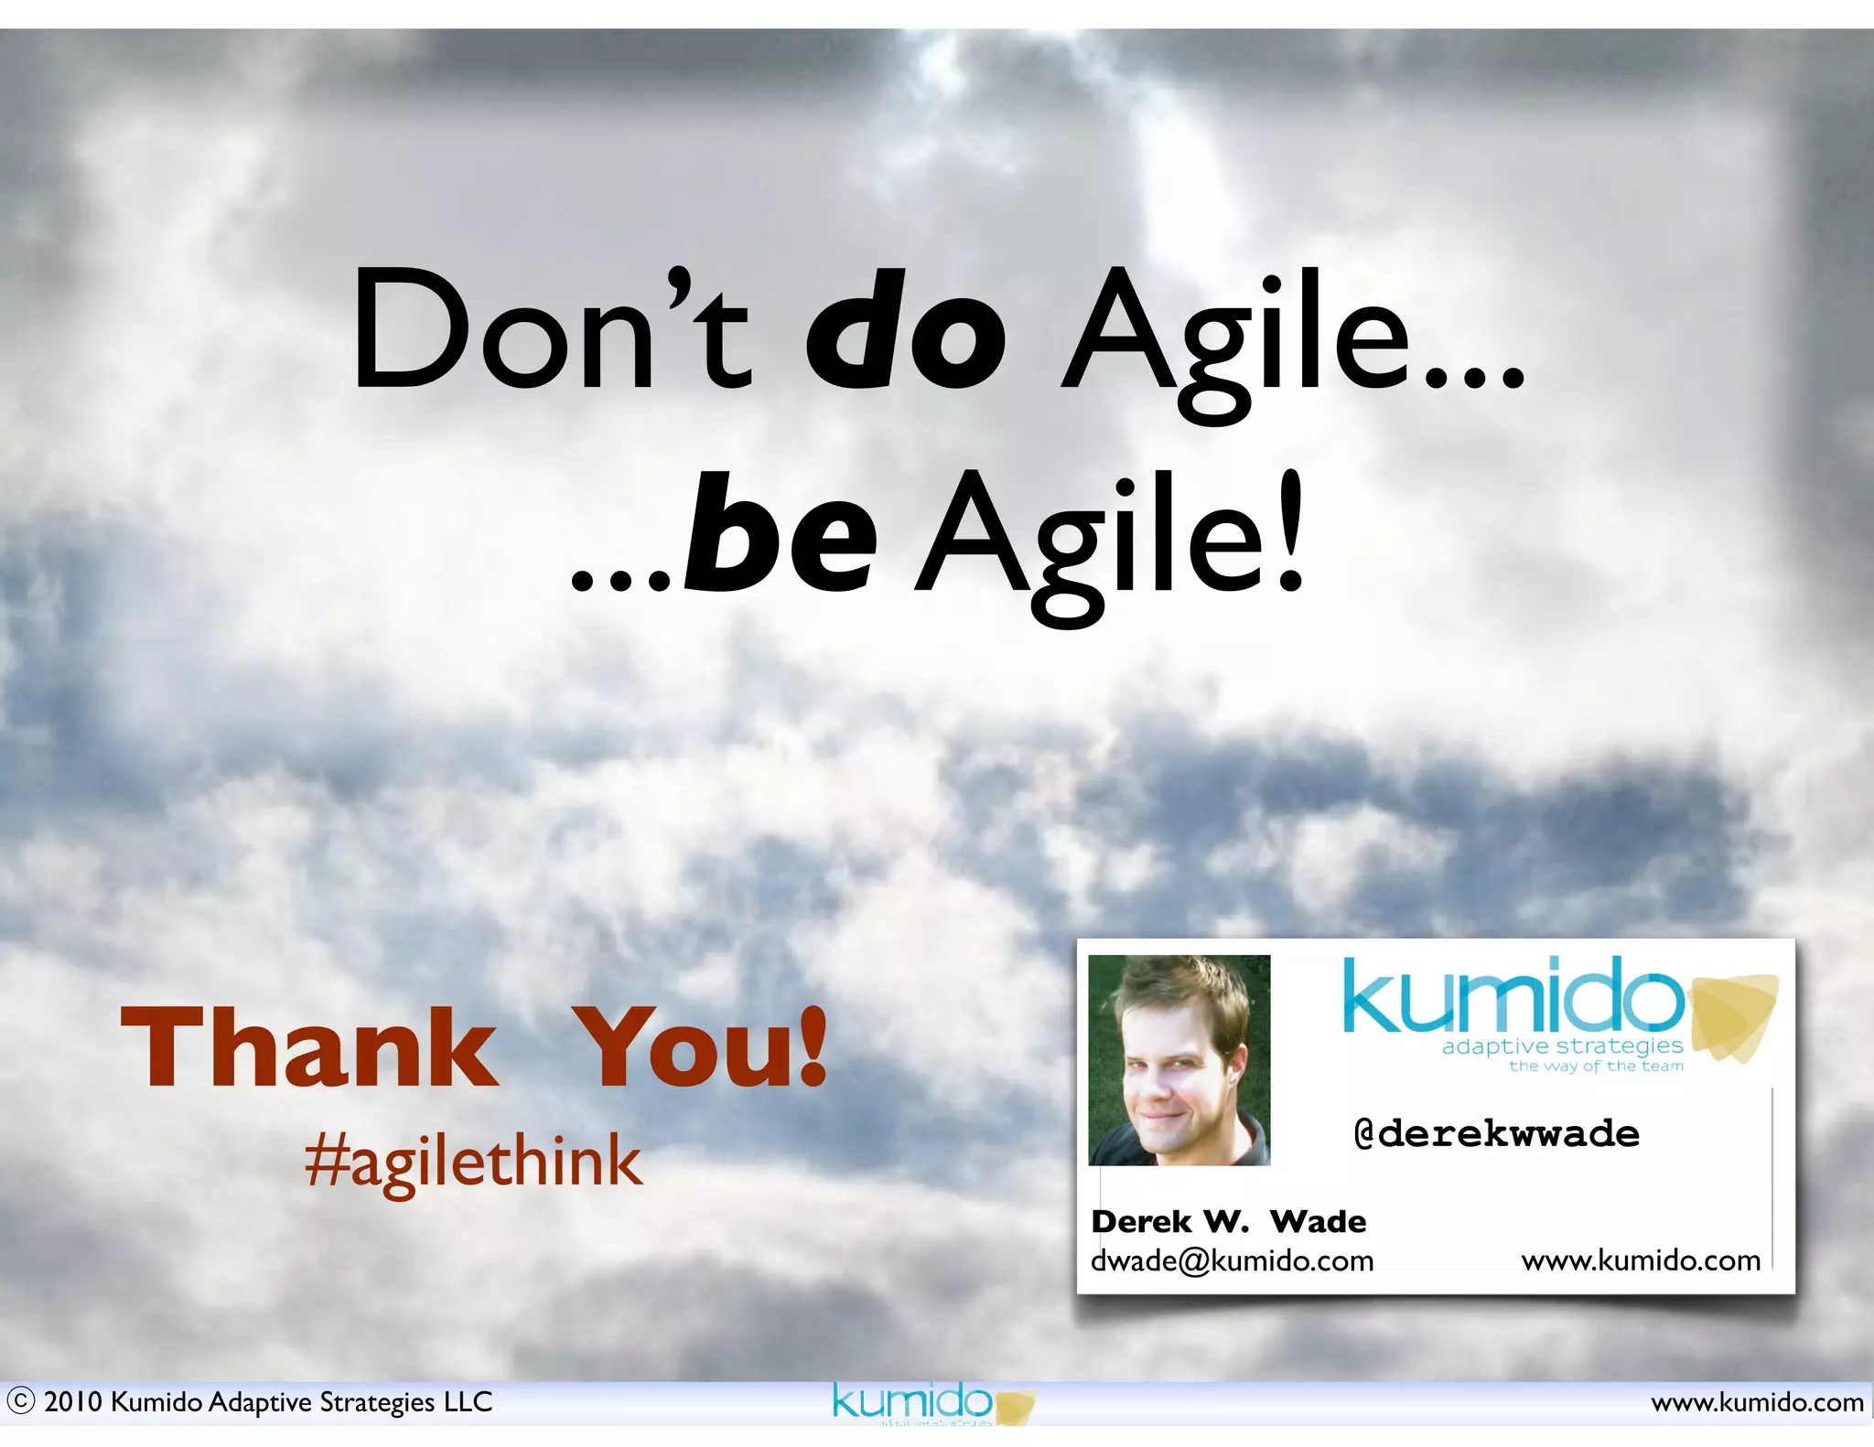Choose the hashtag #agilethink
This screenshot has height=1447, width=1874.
pos(473,1162)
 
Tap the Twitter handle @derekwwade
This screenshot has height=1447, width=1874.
pos(1496,1134)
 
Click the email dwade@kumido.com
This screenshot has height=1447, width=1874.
pos(1232,1260)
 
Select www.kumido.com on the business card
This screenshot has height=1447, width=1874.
pos(1641,1260)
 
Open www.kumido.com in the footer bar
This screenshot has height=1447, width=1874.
pos(1757,1402)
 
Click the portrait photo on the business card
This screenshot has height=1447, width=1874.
pos(1179,1060)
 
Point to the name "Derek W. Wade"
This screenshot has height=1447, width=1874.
pos(1228,1221)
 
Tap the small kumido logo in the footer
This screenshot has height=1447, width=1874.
pos(912,1400)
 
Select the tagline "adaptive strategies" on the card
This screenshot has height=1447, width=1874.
pos(1562,1045)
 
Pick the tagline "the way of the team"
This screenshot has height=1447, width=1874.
pos(1596,1066)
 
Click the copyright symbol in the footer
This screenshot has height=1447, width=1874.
pos(20,1401)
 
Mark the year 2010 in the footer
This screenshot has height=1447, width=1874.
pos(73,1402)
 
